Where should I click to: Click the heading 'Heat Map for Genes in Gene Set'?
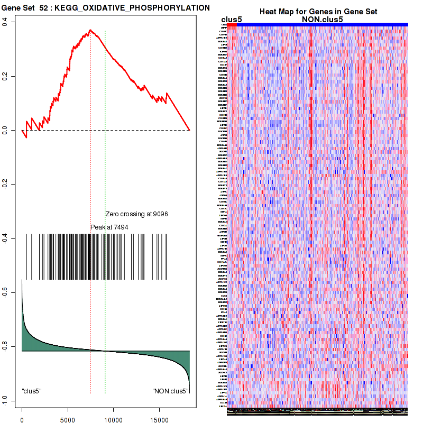(318, 12)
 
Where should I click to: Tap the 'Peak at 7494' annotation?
(109, 227)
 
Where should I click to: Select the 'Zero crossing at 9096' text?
(136, 214)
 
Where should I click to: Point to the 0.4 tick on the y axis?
(4, 22)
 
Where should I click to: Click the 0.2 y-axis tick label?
(4, 76)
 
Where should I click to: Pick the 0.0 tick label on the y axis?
(4, 130)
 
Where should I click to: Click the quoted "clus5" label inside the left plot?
(32, 391)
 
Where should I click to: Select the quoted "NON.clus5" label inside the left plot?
(170, 391)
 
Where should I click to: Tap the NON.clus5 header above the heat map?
(322, 20)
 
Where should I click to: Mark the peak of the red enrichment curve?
(90, 30)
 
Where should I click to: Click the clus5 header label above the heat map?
(232, 20)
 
